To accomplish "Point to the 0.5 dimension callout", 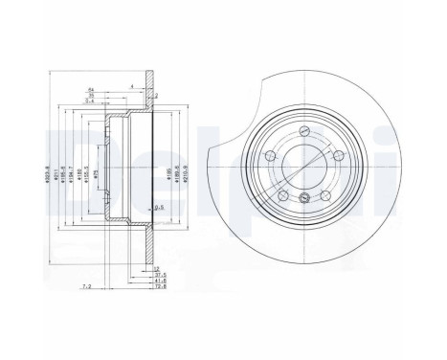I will click(x=159, y=206).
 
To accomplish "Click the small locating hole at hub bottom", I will click(x=303, y=197).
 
